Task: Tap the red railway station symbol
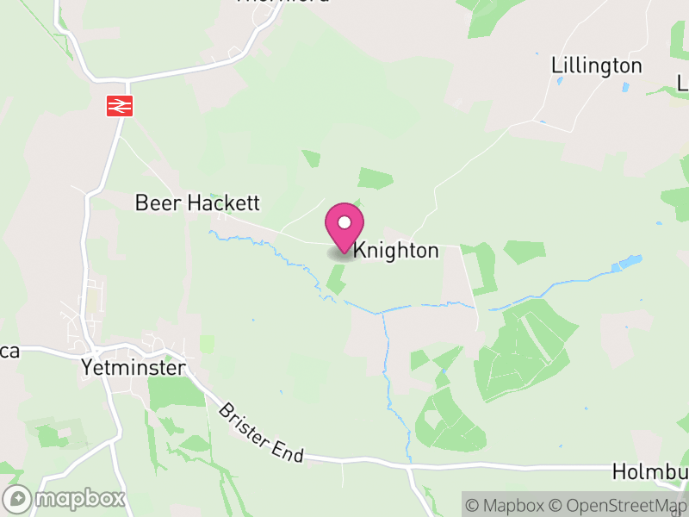point(118,105)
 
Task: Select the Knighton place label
point(396,251)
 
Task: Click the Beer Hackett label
point(197,203)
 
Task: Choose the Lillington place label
point(597,65)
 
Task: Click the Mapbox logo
point(65,498)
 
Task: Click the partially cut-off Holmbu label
point(650,472)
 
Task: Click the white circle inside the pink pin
point(344,222)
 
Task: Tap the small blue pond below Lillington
point(559,82)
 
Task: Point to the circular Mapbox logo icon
point(18,498)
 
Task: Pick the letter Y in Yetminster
point(86,368)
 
